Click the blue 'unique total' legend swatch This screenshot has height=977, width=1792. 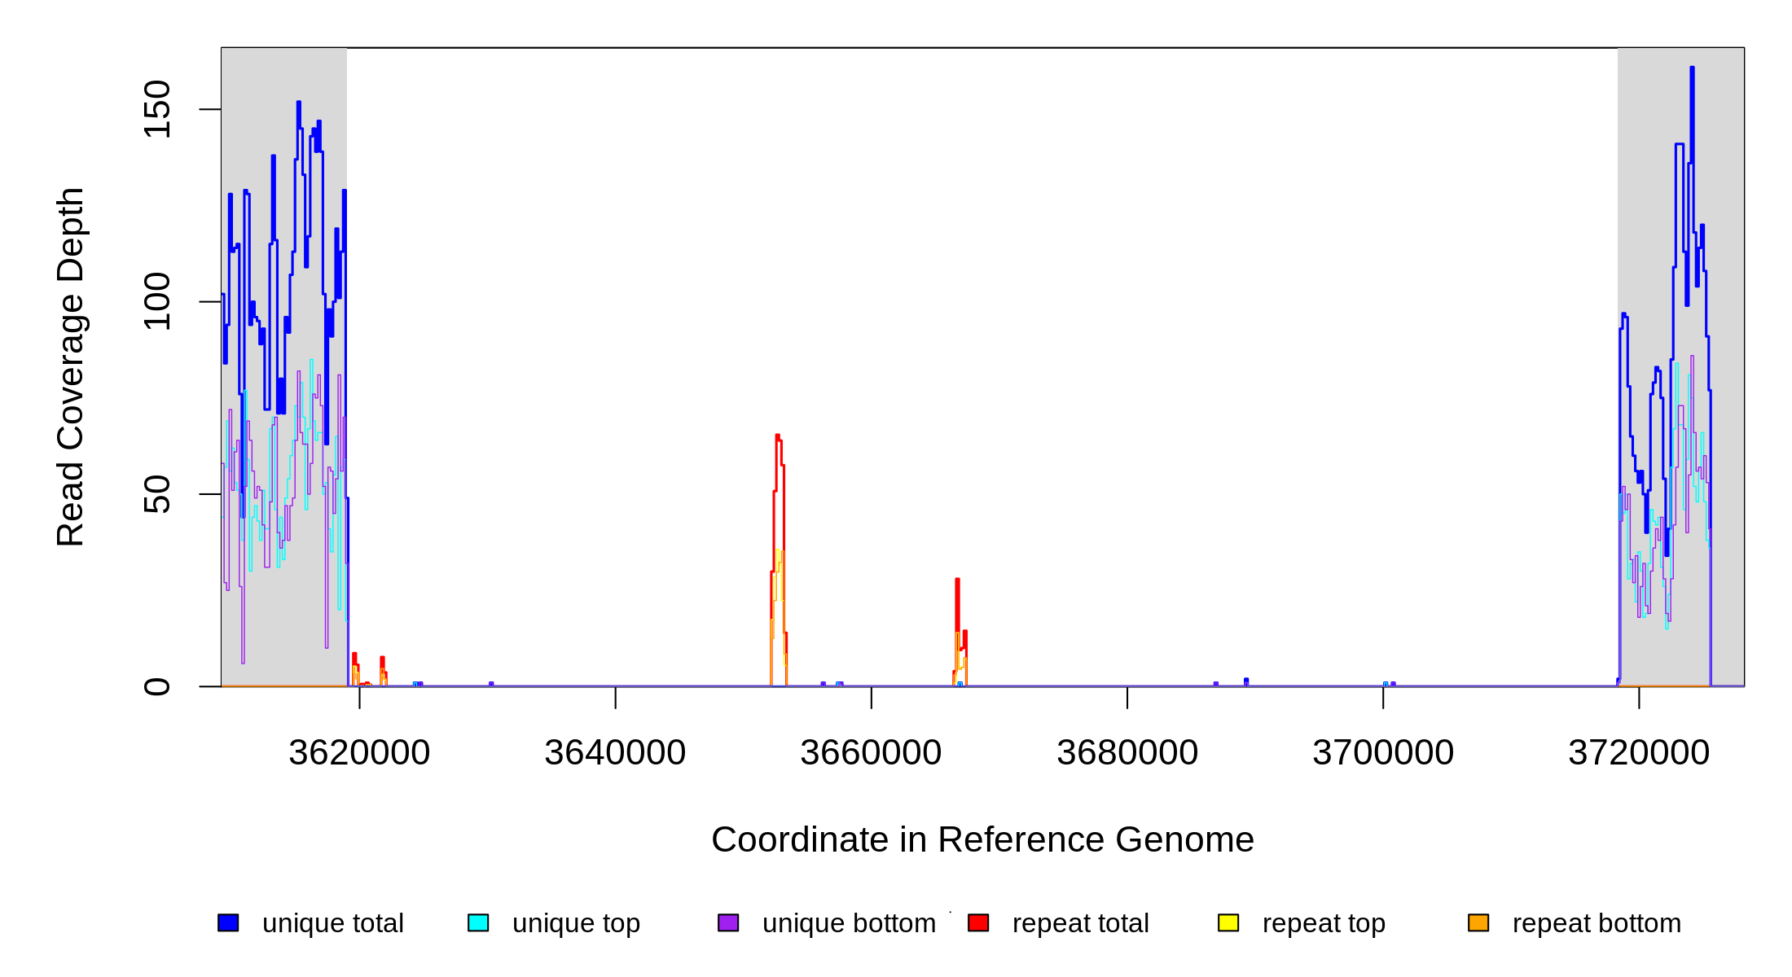[x=228, y=922]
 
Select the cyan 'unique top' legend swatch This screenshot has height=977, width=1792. [x=478, y=922]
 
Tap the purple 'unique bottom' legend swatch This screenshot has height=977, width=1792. [x=728, y=922]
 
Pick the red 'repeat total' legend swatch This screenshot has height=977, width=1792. [x=978, y=922]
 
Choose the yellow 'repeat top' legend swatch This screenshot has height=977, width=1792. [x=1228, y=922]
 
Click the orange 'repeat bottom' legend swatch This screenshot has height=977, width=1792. [x=1478, y=922]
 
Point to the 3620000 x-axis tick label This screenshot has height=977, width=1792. [x=359, y=753]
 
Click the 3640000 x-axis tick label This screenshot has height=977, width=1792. [x=615, y=753]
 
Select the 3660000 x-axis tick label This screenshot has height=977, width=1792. [x=871, y=753]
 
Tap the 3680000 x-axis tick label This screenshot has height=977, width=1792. [x=1127, y=753]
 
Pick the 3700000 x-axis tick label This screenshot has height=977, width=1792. [x=1383, y=753]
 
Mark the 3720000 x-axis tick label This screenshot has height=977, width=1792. [x=1639, y=753]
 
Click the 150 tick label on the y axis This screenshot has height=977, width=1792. [x=156, y=109]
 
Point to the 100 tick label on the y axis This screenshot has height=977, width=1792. [x=156, y=301]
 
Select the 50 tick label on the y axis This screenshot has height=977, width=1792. [x=156, y=494]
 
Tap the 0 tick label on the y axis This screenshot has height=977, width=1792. [x=156, y=686]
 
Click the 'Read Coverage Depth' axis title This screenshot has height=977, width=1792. [x=71, y=366]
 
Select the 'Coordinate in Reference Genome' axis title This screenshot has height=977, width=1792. [x=982, y=840]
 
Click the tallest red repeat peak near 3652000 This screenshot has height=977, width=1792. [x=778, y=437]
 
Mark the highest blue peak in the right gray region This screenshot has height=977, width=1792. [x=1692, y=69]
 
